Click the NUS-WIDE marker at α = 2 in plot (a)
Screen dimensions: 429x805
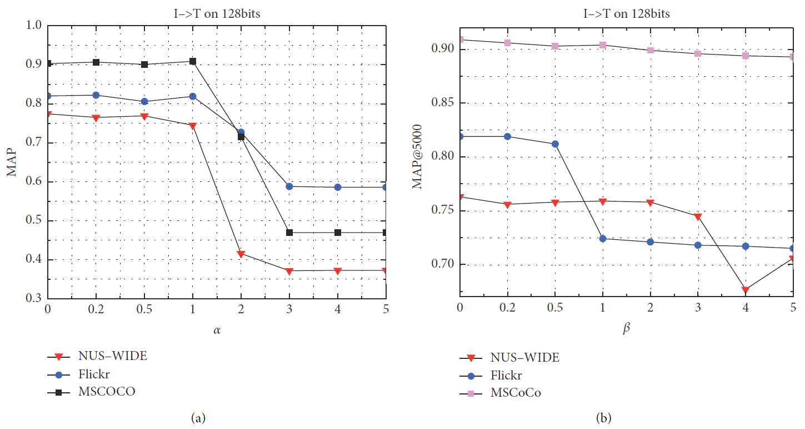[x=241, y=254]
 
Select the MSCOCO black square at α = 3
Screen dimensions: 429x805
[x=289, y=232]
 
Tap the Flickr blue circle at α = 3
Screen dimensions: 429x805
[x=289, y=186]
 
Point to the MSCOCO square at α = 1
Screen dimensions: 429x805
[x=193, y=61]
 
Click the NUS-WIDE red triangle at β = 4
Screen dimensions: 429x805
[x=746, y=290]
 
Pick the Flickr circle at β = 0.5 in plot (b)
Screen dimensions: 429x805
[x=555, y=144]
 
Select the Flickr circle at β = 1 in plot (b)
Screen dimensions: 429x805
[x=603, y=239]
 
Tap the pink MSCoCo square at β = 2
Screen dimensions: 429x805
[x=651, y=50]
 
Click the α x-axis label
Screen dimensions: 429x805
[x=217, y=331]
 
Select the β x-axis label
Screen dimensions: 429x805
[x=627, y=328]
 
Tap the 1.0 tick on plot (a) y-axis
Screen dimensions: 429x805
[x=34, y=26]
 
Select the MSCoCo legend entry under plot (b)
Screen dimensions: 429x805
[x=516, y=393]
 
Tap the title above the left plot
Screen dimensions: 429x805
[x=216, y=14]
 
